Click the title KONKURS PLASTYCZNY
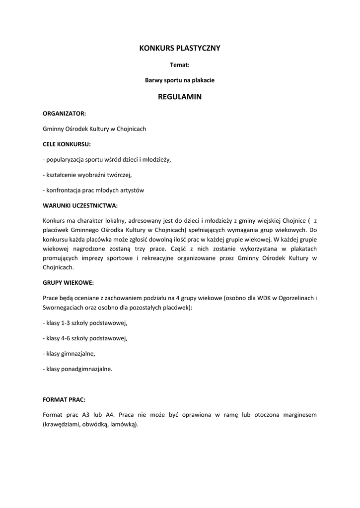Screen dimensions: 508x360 [x=180, y=48]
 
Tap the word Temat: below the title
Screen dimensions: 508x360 [x=180, y=64]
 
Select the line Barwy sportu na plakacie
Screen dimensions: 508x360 [x=180, y=79]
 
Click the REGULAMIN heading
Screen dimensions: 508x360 [x=180, y=97]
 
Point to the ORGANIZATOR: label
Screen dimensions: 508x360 [x=65, y=113]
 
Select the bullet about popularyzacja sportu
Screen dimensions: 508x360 [x=107, y=159]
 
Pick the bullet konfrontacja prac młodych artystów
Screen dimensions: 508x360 [x=93, y=190]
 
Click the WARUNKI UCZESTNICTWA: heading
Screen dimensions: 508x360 [x=80, y=205]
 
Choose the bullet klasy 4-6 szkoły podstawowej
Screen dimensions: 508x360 [x=85, y=338]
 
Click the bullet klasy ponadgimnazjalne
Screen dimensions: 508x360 [x=78, y=369]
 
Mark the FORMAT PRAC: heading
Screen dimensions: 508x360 [x=64, y=399]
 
